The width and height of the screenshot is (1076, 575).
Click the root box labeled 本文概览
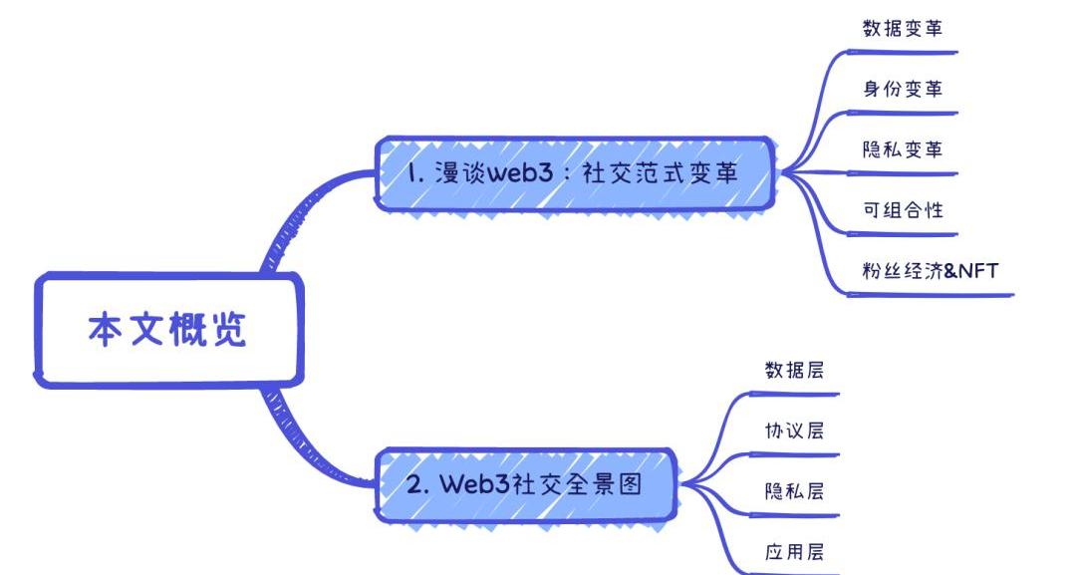point(167,331)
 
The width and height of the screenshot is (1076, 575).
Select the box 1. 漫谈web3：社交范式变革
point(574,173)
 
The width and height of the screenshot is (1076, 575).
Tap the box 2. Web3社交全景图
point(525,485)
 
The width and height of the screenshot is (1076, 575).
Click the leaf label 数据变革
point(903,29)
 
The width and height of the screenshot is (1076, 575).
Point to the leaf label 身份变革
point(903,89)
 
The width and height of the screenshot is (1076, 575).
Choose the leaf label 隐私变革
point(903,149)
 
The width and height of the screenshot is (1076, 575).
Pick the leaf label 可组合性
point(903,210)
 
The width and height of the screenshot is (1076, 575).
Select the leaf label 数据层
point(794,370)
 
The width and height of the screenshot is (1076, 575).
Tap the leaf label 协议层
point(794,431)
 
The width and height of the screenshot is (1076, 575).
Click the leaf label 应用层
point(794,551)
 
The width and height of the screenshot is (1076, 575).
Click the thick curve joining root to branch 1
point(299,214)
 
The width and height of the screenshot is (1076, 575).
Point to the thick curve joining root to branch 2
point(299,438)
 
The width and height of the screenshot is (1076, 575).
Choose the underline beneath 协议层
point(797,454)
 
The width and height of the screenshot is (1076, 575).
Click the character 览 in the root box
point(229,331)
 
